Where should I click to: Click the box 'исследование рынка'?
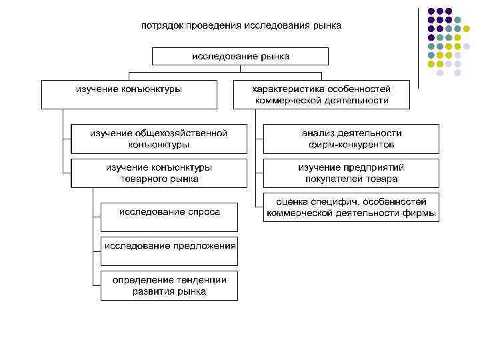240,56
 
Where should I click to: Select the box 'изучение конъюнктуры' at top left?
129,94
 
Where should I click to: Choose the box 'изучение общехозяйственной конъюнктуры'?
159,139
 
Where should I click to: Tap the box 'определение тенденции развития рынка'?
169,285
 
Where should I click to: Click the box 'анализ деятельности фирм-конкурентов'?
351,139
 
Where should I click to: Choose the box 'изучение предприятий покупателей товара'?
351,173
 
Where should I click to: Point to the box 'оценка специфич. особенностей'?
351,207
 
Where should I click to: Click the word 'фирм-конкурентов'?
351,144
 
